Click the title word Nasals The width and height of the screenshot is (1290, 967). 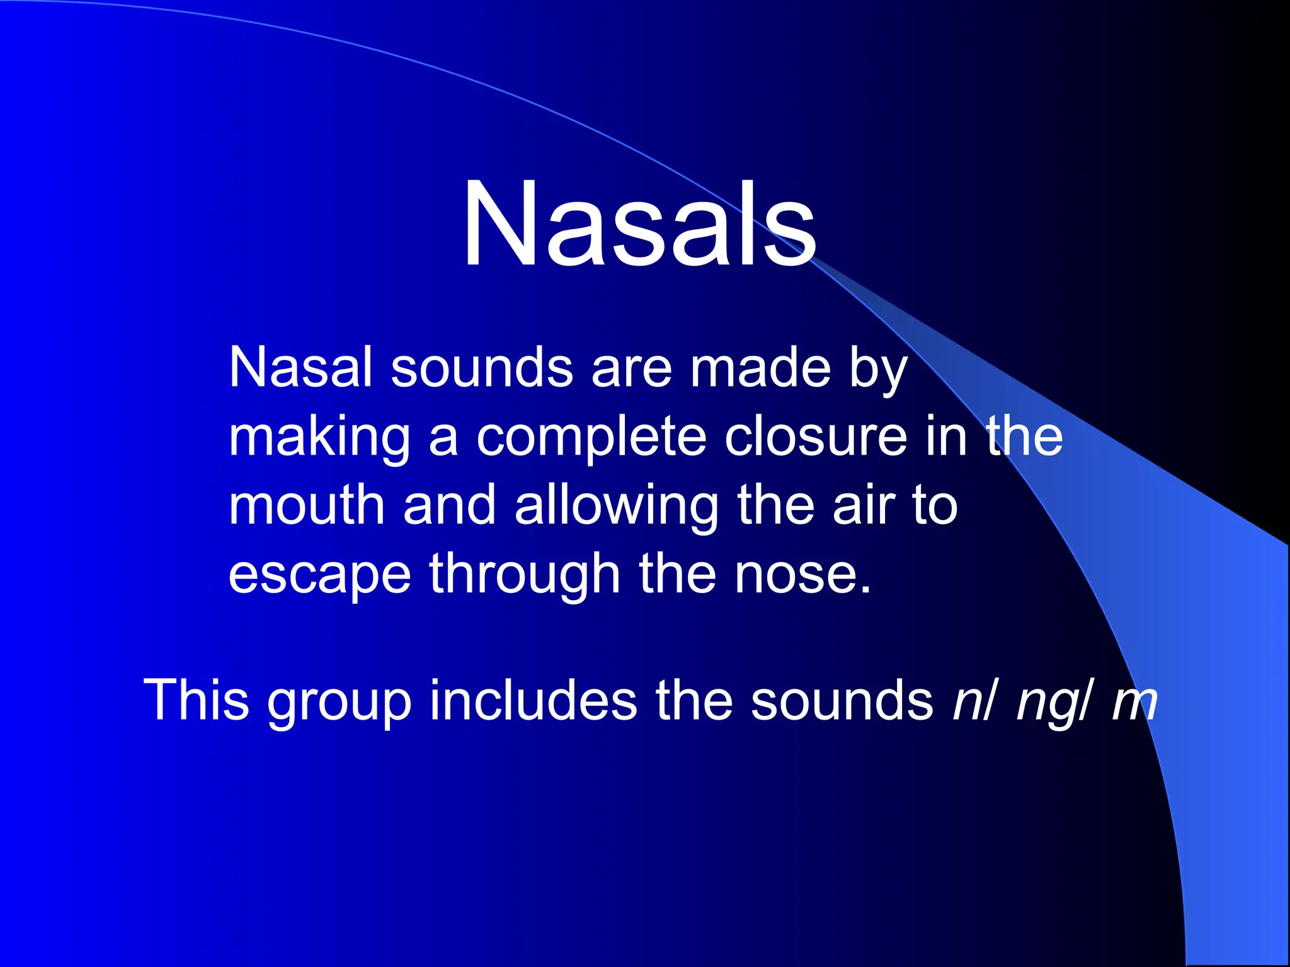(x=639, y=225)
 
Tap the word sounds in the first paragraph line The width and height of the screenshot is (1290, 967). (x=482, y=368)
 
